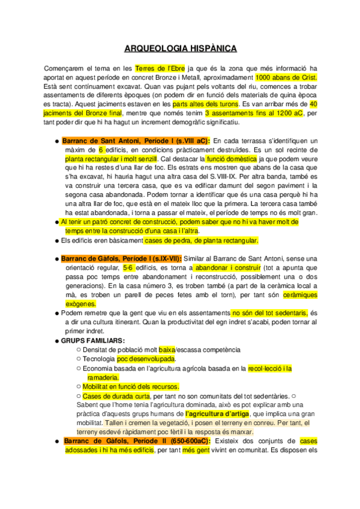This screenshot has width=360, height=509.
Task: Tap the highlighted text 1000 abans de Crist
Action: coord(286,77)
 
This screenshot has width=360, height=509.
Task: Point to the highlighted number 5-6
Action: coord(129,267)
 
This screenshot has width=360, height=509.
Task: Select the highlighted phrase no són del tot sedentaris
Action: coord(269,313)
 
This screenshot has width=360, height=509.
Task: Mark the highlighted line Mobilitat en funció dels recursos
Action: coord(131,387)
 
